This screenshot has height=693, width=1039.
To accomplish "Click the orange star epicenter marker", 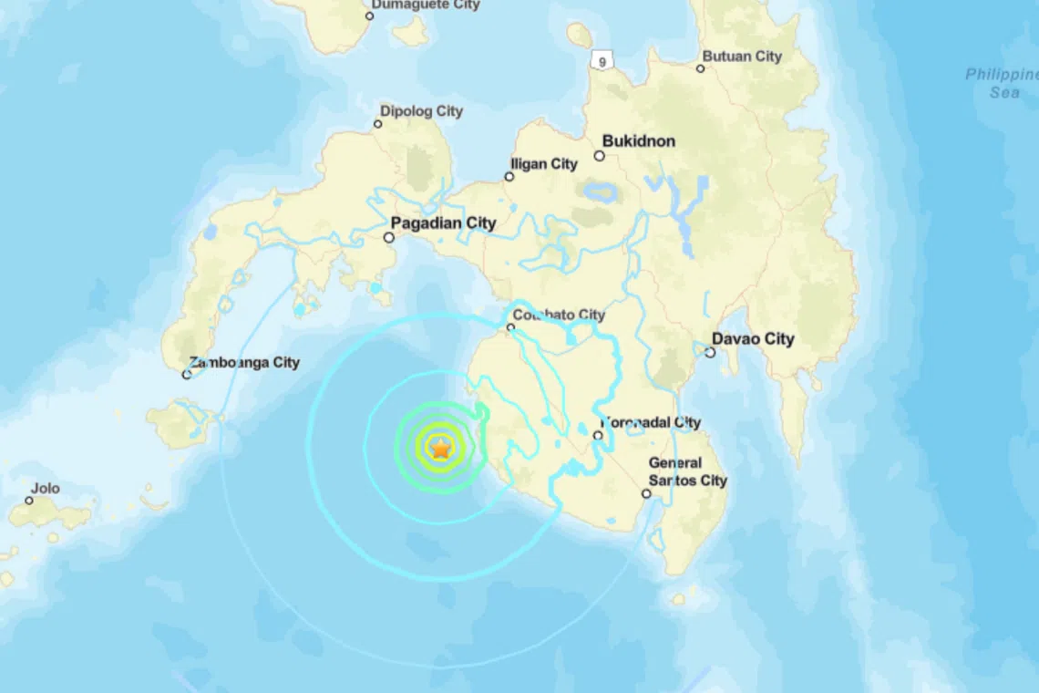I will click(440, 448).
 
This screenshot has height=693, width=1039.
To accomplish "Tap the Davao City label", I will click(753, 339).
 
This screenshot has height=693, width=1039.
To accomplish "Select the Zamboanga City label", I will click(245, 362).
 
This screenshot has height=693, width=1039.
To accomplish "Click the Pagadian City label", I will click(443, 222).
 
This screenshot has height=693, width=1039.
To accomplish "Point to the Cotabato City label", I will click(559, 315).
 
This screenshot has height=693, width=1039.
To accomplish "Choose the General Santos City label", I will click(687, 471).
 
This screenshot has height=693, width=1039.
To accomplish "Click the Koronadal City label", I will click(652, 422).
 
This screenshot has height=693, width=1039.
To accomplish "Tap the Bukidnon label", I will click(638, 141).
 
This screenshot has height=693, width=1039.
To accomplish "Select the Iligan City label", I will click(544, 164).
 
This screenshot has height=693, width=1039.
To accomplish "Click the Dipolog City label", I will click(421, 111).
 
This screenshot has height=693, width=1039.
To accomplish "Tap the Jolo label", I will click(45, 489).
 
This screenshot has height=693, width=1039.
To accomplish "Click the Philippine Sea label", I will click(1001, 83).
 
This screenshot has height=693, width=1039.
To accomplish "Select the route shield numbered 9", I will click(601, 61).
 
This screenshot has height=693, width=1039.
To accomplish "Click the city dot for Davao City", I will click(710, 352).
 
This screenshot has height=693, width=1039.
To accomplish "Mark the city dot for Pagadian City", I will click(389, 237).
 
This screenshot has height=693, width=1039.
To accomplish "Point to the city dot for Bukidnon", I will click(600, 156).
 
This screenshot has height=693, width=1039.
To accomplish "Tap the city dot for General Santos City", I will click(646, 494).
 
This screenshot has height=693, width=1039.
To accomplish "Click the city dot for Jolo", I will click(29, 501).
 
